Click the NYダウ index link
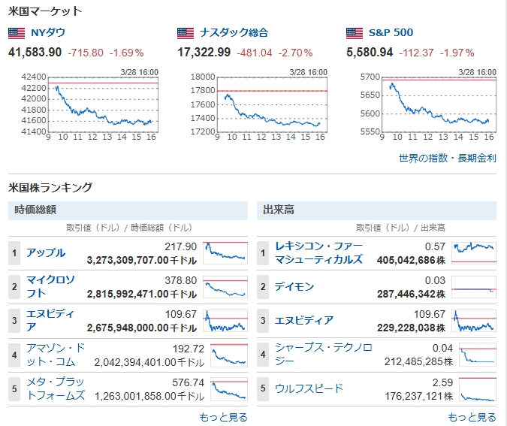tap(46, 33)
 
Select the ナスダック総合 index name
tap(234, 33)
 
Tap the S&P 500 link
tap(391, 33)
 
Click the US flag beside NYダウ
tap(17, 33)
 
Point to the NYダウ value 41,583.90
tap(35, 53)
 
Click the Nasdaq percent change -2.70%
tap(295, 53)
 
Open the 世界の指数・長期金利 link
tap(448, 159)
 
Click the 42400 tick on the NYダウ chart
tap(35, 77)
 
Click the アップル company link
tap(46, 253)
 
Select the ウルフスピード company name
tap(309, 388)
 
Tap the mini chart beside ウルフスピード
tap(474, 388)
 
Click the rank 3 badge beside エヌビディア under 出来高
tap(263, 321)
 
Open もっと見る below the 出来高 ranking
tap(472, 417)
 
